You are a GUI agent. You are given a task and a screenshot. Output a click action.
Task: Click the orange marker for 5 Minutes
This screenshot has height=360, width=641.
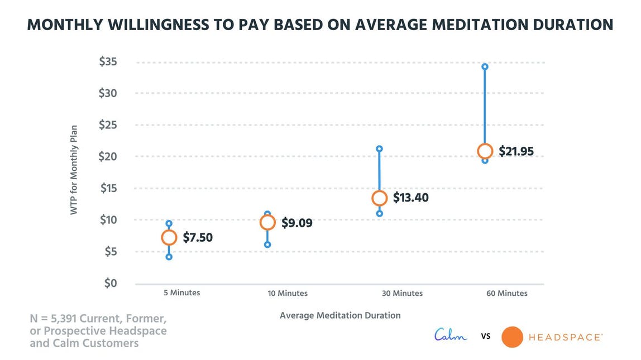[x=169, y=238]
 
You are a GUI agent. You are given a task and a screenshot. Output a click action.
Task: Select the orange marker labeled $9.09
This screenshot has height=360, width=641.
[x=267, y=222]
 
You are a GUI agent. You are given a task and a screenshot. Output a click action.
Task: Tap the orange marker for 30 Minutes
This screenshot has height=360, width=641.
[x=379, y=198]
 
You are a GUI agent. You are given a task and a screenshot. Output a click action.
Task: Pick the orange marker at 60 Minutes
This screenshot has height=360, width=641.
[x=485, y=151]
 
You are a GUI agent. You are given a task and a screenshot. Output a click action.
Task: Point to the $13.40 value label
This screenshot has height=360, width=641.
[x=410, y=198]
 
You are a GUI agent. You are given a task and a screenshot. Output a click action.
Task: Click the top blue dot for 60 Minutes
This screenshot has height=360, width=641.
[x=485, y=66]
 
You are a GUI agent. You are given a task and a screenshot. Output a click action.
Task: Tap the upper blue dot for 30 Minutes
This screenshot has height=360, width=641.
[x=379, y=149]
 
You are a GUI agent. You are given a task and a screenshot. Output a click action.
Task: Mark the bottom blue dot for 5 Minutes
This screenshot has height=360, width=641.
[x=169, y=257]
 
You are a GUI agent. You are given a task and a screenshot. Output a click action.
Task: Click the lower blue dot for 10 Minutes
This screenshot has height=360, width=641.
[x=267, y=244]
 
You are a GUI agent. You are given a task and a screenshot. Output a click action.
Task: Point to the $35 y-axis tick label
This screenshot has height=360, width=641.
[x=108, y=62]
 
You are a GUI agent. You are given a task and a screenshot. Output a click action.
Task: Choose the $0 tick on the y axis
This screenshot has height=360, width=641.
[x=111, y=284]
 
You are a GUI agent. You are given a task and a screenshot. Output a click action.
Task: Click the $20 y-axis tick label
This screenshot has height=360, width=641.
[x=108, y=157]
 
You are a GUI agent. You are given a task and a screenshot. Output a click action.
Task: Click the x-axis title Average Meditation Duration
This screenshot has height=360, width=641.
[x=340, y=315]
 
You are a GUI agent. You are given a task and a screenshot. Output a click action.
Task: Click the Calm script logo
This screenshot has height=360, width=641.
[x=451, y=336]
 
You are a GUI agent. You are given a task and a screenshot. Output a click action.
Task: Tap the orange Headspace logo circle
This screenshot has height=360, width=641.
[x=512, y=337]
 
